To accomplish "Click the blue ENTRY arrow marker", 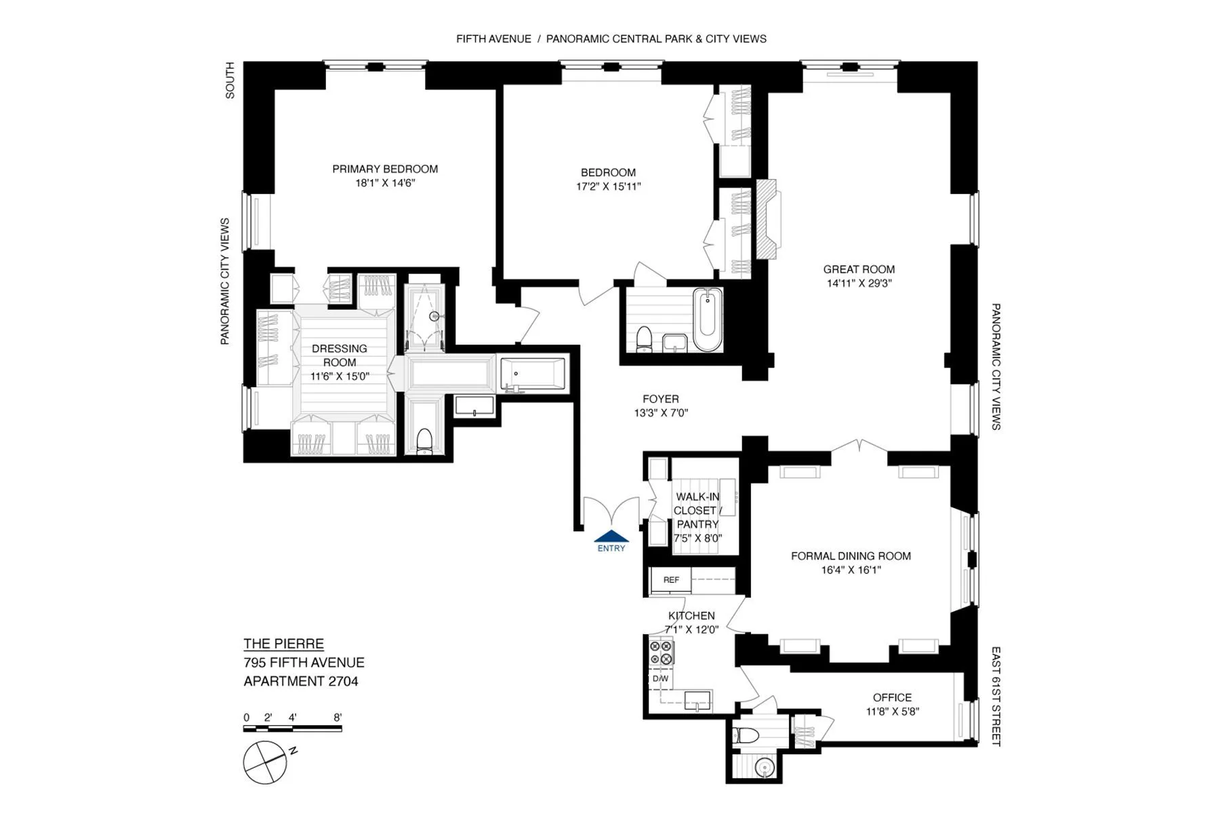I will point(611,536).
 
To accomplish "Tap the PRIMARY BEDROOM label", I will point(385,169).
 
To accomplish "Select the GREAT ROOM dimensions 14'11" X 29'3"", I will point(859,284).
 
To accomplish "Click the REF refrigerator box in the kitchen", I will point(671,580).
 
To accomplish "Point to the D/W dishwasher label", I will point(660,678).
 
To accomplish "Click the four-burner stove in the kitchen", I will point(662,653).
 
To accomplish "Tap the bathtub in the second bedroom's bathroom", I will point(708,321).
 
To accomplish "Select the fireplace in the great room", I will point(768,219).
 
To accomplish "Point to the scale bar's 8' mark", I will point(338,718).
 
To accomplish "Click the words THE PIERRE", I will point(283,644).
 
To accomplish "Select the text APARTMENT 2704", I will point(301,681).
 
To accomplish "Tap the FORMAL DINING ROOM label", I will point(851,556).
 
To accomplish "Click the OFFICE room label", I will point(892,697).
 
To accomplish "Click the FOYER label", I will point(661,399).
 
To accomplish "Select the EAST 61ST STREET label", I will point(996,696).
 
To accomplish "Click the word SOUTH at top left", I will point(230,80).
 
